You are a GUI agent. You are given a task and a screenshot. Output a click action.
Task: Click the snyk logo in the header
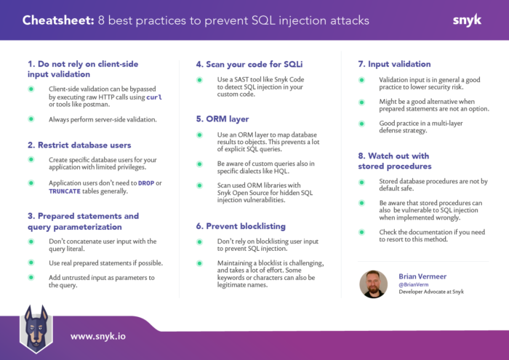click(x=466, y=20)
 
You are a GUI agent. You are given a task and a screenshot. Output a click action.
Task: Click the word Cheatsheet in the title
click(x=55, y=20)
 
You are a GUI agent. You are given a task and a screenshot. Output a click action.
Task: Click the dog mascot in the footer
click(x=36, y=327)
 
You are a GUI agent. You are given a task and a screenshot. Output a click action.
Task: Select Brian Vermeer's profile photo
click(x=373, y=284)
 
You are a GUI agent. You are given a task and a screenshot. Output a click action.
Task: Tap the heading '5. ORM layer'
click(x=222, y=118)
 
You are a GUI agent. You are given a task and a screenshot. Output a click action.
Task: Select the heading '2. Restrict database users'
click(x=79, y=144)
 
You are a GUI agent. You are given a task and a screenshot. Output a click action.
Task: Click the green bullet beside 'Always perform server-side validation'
click(x=31, y=119)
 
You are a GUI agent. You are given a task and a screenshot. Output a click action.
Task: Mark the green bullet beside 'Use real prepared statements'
click(x=31, y=263)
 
